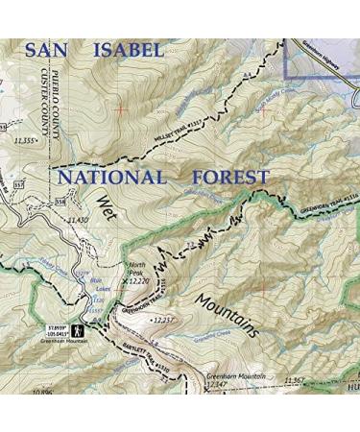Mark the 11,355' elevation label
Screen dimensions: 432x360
(25, 141)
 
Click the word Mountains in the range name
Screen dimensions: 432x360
(228, 316)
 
